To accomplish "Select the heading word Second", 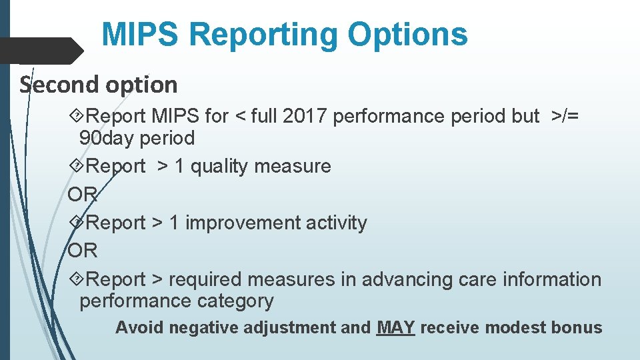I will coord(53,85).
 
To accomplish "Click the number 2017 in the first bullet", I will coord(304,116).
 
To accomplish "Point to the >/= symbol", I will coord(565,116).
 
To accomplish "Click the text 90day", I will coord(105,139).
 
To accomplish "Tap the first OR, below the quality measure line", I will coord(83,195).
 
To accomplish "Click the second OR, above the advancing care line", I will coord(83,251).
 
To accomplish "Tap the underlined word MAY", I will coord(395,328).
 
